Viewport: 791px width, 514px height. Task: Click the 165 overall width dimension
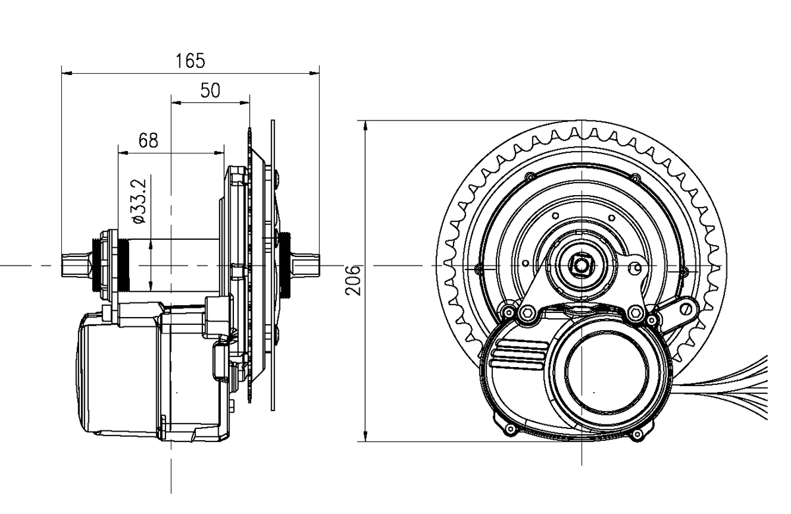click(190, 61)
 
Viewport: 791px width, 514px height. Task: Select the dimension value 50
click(210, 91)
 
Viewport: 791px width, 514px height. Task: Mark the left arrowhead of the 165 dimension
click(65, 73)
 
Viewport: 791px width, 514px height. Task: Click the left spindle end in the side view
click(74, 266)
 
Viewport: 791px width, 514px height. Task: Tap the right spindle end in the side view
click(307, 266)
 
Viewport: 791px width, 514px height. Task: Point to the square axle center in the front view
click(583, 266)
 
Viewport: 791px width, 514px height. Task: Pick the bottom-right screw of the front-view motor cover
click(636, 435)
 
